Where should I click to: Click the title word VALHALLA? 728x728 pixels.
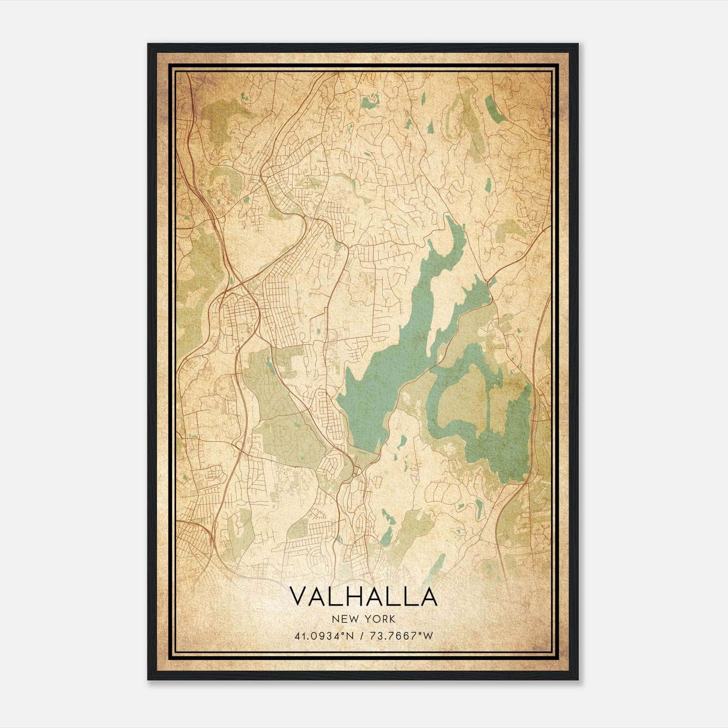pyautogui.click(x=363, y=597)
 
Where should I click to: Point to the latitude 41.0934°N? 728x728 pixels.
pyautogui.click(x=324, y=636)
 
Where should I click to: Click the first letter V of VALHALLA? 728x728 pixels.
pyautogui.click(x=298, y=597)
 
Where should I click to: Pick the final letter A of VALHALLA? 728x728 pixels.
pyautogui.click(x=428, y=597)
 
